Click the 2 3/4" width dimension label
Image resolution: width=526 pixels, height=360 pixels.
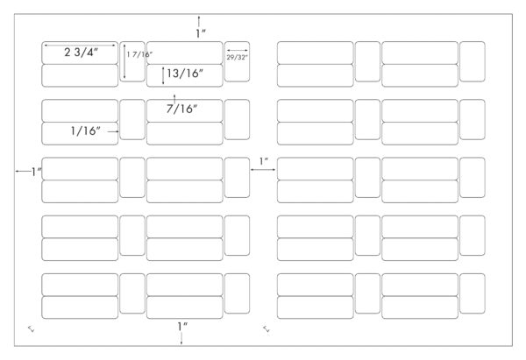pos(82,53)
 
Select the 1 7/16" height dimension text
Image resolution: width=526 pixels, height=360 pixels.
pos(139,54)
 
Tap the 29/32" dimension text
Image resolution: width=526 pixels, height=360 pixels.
pos(238,57)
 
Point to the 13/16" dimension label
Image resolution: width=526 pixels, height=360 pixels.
pos(185,74)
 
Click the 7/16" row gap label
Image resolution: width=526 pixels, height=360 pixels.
pos(181,109)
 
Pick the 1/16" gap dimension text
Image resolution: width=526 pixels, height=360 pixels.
pos(86,131)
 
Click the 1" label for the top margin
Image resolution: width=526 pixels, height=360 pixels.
pos(201,33)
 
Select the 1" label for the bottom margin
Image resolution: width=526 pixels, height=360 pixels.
pos(182,326)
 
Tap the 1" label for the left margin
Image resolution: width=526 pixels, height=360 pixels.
pos(36,172)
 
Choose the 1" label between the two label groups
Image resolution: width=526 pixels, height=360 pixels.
pos(264,161)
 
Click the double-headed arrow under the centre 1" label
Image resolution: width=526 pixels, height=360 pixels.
pos(263,170)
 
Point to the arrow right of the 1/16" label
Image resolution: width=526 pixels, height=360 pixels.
pos(113,131)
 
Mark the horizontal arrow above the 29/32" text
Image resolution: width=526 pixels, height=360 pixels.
pos(238,51)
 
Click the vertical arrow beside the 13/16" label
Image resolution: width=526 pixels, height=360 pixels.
pos(163,75)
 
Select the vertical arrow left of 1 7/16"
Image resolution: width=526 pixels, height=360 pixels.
pos(124,60)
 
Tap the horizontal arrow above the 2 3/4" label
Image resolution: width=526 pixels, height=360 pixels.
pos(80,45)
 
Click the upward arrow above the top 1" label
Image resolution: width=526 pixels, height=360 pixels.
pos(199,21)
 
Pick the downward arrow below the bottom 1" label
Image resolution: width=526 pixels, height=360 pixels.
pos(181,339)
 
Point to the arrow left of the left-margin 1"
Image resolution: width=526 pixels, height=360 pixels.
pos(23,172)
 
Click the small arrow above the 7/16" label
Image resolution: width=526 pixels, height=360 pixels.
pos(174,99)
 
